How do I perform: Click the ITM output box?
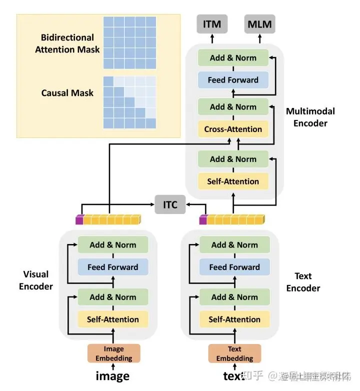click(212, 24)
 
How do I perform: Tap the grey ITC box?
click(170, 205)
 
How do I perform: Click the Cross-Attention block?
click(233, 129)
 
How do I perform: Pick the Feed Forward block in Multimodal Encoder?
click(233, 80)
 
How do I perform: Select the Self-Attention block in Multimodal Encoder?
click(233, 181)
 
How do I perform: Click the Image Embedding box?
click(113, 353)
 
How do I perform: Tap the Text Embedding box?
click(234, 353)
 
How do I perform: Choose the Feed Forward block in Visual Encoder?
click(112, 267)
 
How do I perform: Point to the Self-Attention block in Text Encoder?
click(234, 319)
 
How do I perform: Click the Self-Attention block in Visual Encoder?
click(112, 319)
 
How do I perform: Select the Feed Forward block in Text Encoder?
click(234, 267)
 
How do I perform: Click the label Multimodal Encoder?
click(310, 117)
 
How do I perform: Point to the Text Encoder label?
click(303, 282)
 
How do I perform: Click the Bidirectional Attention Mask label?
click(67, 43)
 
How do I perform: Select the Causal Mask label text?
click(67, 93)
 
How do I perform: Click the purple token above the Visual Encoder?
click(79, 219)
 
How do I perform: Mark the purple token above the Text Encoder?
click(203, 219)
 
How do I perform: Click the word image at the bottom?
click(112, 376)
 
